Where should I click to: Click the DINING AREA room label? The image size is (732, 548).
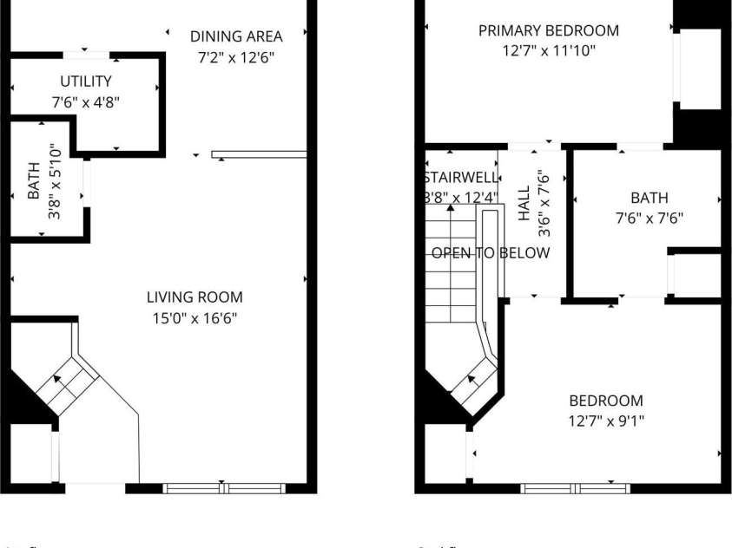tap(236, 36)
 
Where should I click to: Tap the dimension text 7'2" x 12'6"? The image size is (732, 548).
tap(236, 58)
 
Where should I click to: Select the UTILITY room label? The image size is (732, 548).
tap(85, 82)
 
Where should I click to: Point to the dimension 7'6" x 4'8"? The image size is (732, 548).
tap(85, 101)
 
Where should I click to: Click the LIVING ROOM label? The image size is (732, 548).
tap(195, 297)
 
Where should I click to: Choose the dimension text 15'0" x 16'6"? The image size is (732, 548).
tap(195, 318)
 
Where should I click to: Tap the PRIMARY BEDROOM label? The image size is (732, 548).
tap(549, 30)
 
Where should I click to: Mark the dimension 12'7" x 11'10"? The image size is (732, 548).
tap(549, 50)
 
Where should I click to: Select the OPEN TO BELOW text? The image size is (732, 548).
tap(491, 253)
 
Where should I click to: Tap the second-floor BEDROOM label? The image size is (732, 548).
tap(605, 401)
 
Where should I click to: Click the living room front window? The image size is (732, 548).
tap(225, 488)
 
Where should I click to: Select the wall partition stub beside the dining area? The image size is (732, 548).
tap(259, 155)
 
